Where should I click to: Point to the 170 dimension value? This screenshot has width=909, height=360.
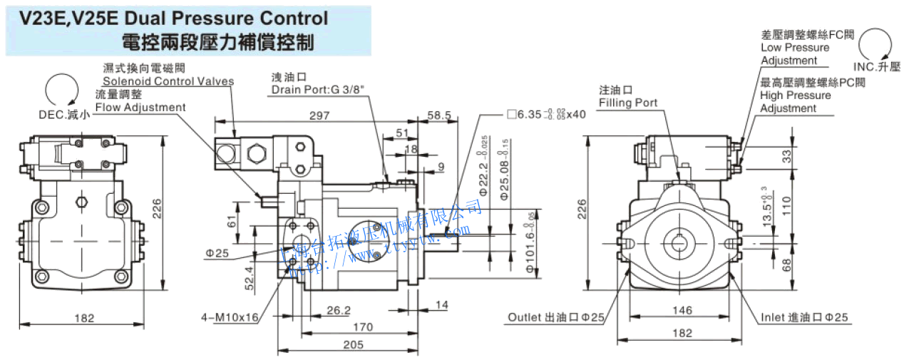363,327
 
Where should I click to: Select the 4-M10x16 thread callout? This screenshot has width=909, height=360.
228,317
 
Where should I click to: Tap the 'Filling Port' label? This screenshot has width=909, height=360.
628,103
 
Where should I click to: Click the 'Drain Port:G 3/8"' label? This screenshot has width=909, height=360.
313,90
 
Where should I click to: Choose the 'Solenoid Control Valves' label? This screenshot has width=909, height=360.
168,81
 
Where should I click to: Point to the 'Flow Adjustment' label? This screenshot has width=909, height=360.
140,107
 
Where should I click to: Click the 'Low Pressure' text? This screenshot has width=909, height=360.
795,48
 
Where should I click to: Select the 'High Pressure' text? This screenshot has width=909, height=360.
795,95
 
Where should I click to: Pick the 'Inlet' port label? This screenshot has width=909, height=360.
774,317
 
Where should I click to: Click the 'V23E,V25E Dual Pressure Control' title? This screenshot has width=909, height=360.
174,18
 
